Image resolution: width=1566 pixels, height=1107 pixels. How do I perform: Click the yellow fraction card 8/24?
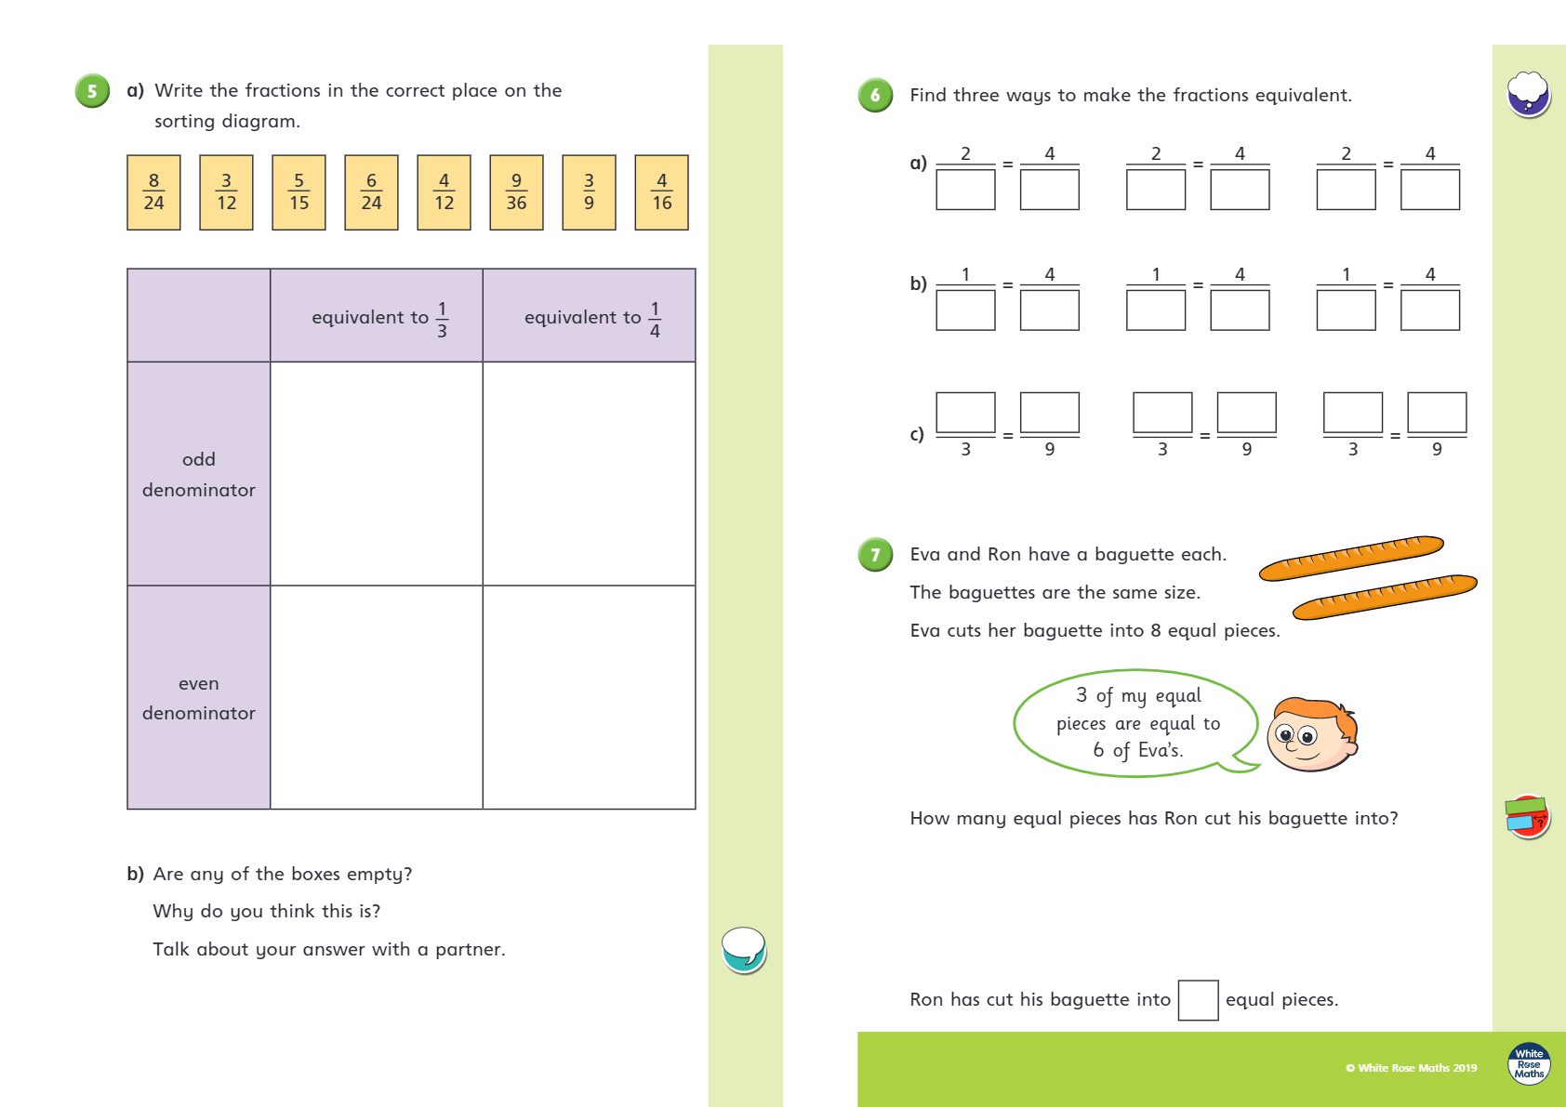[153, 192]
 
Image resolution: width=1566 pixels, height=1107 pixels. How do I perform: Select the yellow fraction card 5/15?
[299, 192]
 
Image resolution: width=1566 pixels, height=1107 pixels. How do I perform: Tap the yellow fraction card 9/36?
[516, 192]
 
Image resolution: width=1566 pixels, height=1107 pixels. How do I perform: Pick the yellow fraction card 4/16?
[661, 192]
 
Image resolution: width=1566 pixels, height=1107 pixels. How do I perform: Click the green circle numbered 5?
[92, 91]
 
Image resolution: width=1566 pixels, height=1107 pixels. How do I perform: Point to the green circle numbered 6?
[875, 95]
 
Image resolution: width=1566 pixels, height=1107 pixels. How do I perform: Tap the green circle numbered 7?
[875, 555]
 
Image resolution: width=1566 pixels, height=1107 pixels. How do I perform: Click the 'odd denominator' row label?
[199, 474]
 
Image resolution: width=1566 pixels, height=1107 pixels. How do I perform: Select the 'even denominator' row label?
[199, 697]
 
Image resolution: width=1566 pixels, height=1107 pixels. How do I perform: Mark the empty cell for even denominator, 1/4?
[589, 697]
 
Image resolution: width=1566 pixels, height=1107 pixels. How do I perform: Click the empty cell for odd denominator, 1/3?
[376, 474]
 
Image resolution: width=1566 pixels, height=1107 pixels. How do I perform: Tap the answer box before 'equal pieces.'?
[1198, 1000]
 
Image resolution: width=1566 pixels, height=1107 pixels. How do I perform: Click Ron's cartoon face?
[1312, 733]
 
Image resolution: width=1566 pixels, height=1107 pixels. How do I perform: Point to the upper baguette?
[1350, 558]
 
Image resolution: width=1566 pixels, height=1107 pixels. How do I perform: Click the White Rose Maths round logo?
[1529, 1063]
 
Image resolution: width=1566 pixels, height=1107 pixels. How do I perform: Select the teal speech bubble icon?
[744, 950]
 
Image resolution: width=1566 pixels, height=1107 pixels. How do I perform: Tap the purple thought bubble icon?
[1528, 95]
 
